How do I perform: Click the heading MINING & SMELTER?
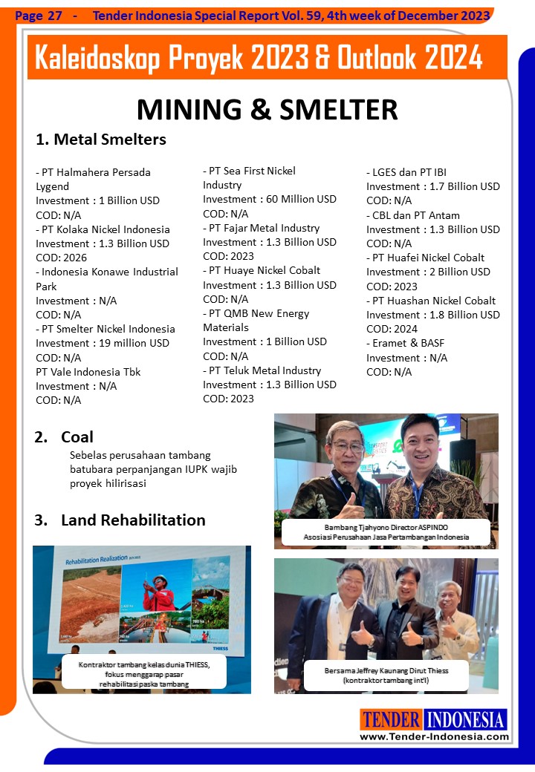(267, 109)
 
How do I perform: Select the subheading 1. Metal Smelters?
(101, 140)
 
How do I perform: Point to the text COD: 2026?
(62, 258)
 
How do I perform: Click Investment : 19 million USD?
(103, 343)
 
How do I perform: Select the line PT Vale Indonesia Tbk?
(88, 372)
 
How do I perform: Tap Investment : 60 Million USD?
(269, 199)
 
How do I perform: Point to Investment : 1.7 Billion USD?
(433, 186)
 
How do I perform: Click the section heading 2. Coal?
(64, 437)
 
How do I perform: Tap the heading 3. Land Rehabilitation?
(120, 520)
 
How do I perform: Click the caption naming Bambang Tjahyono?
(386, 531)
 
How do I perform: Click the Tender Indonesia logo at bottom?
(434, 719)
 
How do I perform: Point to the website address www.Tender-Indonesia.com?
(435, 736)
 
